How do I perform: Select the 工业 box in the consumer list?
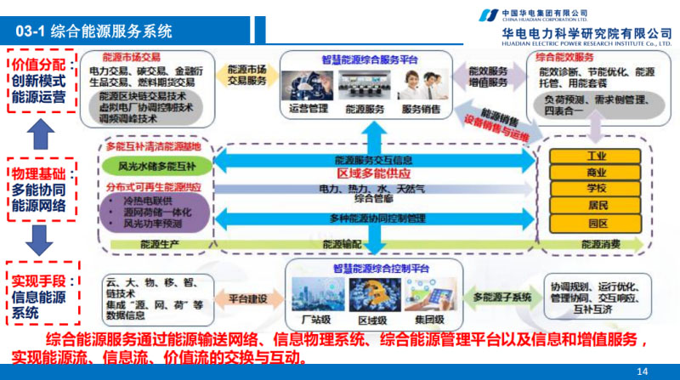tap(596, 156)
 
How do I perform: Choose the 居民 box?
tap(596, 206)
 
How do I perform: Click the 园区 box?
tap(596, 224)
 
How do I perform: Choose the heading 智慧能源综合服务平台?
tap(365, 60)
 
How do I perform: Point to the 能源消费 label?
tap(600, 245)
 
